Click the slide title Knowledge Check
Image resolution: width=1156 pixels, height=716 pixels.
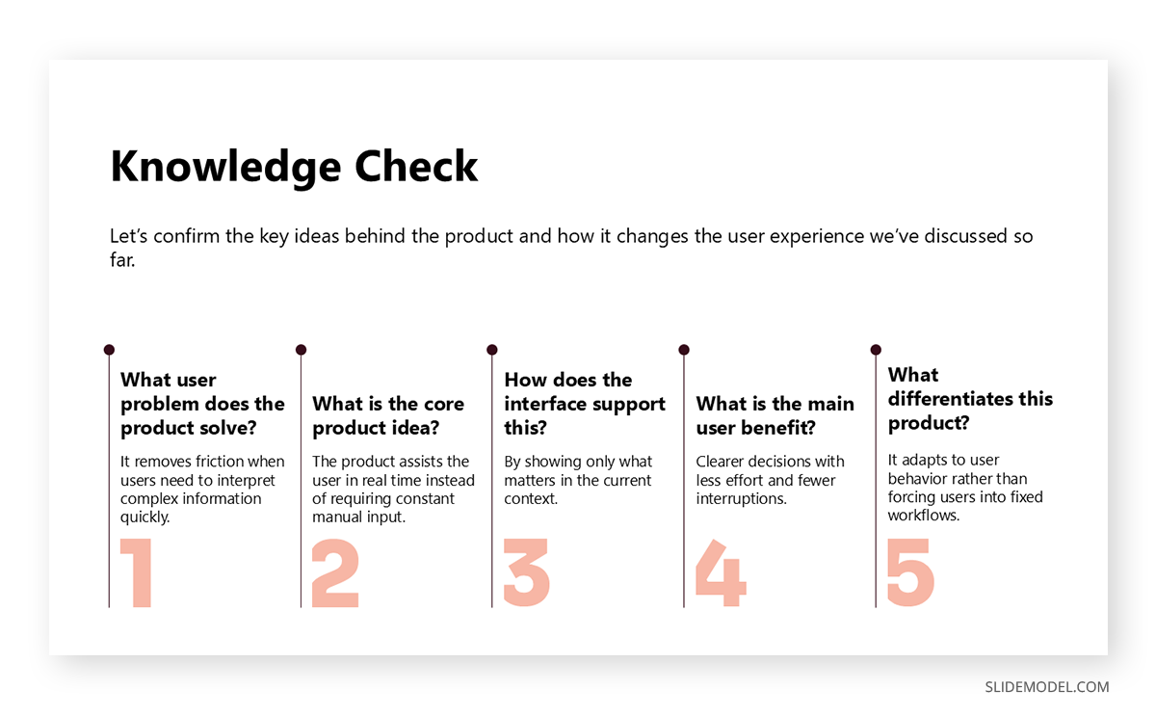click(x=294, y=167)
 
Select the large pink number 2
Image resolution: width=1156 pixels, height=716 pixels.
click(x=335, y=573)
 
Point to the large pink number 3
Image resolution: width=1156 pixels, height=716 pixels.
click(x=527, y=573)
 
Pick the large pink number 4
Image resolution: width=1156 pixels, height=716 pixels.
click(x=721, y=573)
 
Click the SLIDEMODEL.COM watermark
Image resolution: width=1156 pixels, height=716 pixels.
click(x=1046, y=687)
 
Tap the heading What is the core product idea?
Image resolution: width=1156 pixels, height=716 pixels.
click(x=388, y=415)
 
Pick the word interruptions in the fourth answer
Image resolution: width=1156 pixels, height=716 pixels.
click(x=741, y=498)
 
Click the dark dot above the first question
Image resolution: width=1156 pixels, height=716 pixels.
click(x=109, y=350)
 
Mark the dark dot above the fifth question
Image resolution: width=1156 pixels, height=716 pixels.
click(x=876, y=350)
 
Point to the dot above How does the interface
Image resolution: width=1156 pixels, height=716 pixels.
click(x=492, y=350)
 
